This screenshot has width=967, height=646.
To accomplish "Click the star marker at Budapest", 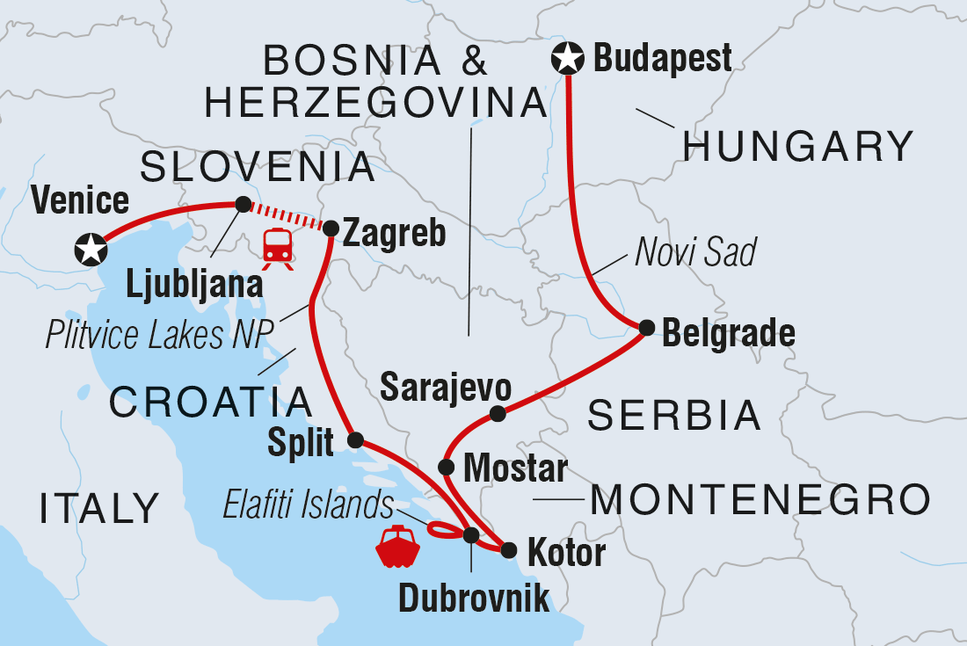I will [567, 60].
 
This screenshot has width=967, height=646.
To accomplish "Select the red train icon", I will [278, 245].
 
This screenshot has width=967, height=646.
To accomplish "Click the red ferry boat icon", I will [396, 548].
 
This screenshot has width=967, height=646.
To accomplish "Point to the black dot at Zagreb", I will [331, 229].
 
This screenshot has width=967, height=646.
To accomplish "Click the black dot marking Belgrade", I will [646, 328].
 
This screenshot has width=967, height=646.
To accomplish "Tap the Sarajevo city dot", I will [498, 414].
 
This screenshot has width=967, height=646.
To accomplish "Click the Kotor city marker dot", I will [508, 551].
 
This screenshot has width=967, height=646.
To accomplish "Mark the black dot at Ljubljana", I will [243, 204].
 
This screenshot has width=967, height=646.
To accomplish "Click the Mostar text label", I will [515, 468].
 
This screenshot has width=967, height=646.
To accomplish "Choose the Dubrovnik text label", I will [474, 598].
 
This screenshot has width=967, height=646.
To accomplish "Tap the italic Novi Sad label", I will [694, 254].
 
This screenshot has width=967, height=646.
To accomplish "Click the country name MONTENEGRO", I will [760, 501].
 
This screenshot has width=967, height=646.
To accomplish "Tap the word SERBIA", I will [673, 415].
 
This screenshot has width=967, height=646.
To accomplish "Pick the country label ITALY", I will [99, 508].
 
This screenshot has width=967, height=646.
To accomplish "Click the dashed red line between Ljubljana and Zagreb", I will [286, 215].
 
